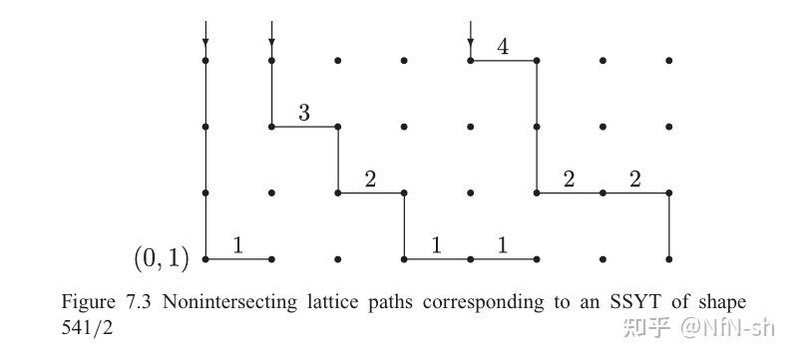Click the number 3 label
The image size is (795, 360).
[x=304, y=114]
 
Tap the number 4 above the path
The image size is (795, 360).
[x=503, y=47]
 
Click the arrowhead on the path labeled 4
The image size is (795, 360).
[x=470, y=43]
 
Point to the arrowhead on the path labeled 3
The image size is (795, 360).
[x=271, y=43]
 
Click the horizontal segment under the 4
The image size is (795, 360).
[x=503, y=61]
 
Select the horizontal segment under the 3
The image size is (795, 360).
[x=304, y=127]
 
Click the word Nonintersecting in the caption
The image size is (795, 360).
[x=218, y=301]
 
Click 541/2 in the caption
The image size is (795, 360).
[x=88, y=325]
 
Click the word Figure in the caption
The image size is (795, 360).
[x=87, y=301]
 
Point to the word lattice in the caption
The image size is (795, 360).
[x=319, y=301]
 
